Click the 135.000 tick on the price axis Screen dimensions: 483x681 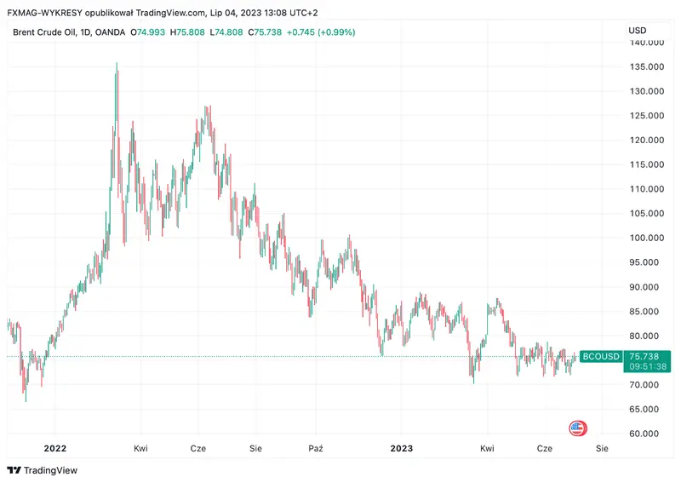tap(644, 66)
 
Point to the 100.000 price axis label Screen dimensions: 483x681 tap(644, 238)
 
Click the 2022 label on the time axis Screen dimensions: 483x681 tap(55, 448)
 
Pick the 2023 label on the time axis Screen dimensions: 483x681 tap(401, 448)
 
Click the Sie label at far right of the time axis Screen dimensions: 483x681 tap(603, 448)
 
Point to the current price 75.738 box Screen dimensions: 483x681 tap(646, 356)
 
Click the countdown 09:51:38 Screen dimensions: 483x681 tap(647, 367)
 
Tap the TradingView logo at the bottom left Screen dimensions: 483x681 tap(42, 470)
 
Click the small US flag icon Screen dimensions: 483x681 tap(577, 428)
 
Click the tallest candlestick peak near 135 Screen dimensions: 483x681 tap(117, 65)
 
